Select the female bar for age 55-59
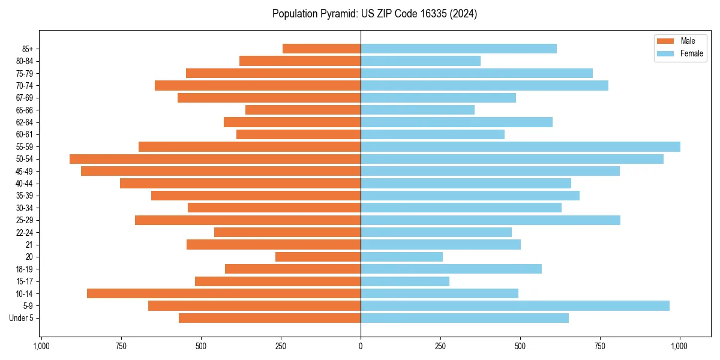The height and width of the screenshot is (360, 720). [520, 146]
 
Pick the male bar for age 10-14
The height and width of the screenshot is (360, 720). [224, 293]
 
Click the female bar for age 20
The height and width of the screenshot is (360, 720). [401, 257]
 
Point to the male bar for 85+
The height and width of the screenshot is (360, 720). [322, 49]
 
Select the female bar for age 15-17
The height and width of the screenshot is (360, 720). [405, 281]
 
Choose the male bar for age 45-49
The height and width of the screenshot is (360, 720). [221, 171]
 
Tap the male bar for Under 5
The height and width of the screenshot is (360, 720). [269, 318]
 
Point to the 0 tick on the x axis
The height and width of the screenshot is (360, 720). [361, 346]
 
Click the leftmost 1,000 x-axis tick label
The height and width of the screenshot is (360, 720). [41, 346]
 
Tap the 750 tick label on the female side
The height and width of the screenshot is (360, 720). [600, 346]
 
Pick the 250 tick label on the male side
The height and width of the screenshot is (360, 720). [281, 346]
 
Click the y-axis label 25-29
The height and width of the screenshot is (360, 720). [25, 220]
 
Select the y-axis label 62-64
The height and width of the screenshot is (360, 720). [25, 122]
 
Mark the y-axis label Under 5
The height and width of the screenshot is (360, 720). [22, 318]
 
